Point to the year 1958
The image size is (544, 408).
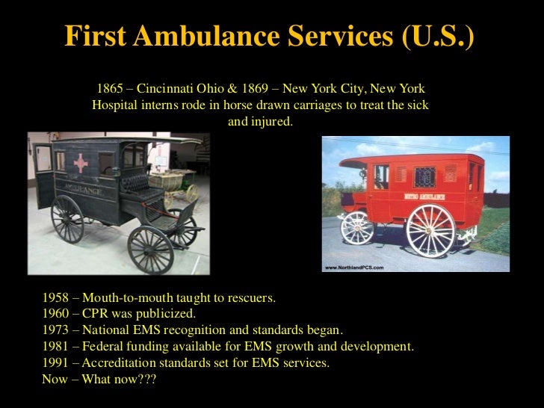[x=56, y=297]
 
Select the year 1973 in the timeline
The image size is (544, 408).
[x=56, y=330]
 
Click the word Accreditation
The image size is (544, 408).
[x=121, y=363]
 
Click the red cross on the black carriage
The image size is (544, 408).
[x=80, y=162]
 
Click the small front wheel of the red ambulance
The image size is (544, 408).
[x=356, y=227]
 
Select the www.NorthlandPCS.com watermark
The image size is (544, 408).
[x=353, y=267]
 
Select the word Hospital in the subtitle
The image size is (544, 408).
[x=116, y=105]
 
